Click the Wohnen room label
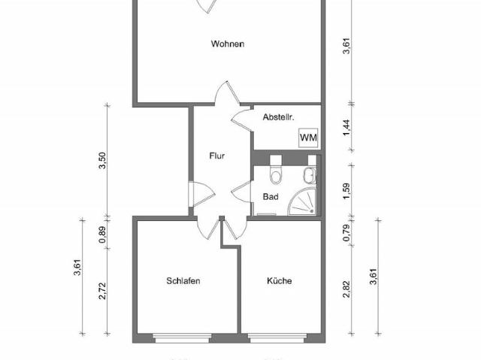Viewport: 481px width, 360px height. pos(227,44)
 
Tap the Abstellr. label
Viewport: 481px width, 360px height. pos(277,118)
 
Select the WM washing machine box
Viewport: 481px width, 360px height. pos(307,138)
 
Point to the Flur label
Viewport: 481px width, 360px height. pos(217,157)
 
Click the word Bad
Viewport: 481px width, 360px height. pos(271,197)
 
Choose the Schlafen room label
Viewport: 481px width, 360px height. pos(183,281)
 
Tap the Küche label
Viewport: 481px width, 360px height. pos(279,281)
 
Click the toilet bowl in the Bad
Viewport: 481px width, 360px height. pos(276,174)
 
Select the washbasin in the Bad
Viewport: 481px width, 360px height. pos(308,175)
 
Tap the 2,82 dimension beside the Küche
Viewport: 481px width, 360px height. pos(346,289)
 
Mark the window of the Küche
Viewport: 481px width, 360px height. pos(280,336)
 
